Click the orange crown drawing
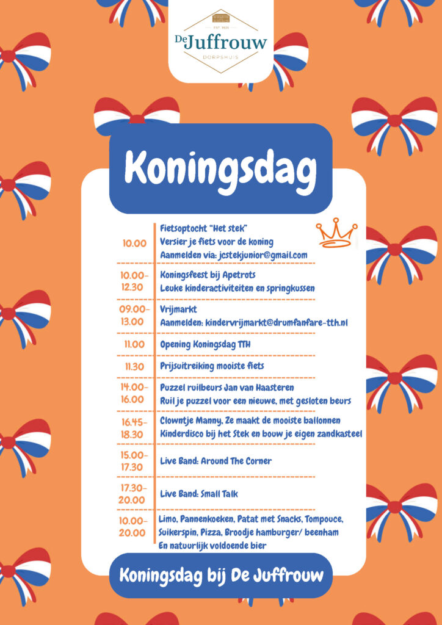click(x=336, y=233)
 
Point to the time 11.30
click(x=134, y=366)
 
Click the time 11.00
click(x=134, y=344)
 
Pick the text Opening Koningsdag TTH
click(x=205, y=344)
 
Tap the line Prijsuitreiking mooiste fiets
click(x=212, y=366)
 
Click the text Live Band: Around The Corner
click(x=216, y=461)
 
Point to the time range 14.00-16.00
click(x=134, y=393)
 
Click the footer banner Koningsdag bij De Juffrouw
click(x=221, y=576)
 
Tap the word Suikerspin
click(x=178, y=532)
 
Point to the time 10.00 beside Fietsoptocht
click(x=134, y=243)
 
